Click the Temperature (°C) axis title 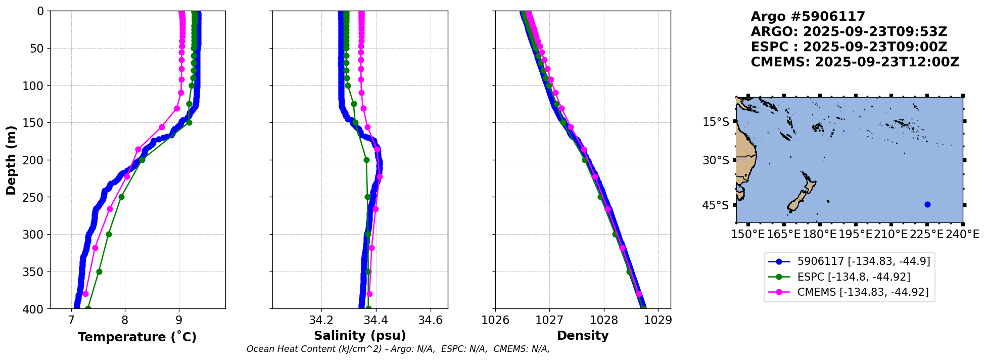click(x=137, y=337)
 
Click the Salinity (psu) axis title click(x=360, y=336)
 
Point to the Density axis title click(x=583, y=336)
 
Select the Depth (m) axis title click(x=11, y=160)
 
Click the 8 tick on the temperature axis click(x=125, y=320)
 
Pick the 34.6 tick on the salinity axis click(x=431, y=320)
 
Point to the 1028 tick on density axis click(x=604, y=320)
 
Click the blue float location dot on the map click(x=927, y=204)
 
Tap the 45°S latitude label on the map click(x=716, y=205)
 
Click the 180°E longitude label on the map click(x=820, y=235)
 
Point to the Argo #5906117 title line click(x=808, y=17)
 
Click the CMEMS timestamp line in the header click(x=855, y=62)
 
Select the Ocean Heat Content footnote click(x=398, y=349)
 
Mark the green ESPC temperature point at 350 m click(x=99, y=272)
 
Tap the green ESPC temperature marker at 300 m click(x=109, y=234)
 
